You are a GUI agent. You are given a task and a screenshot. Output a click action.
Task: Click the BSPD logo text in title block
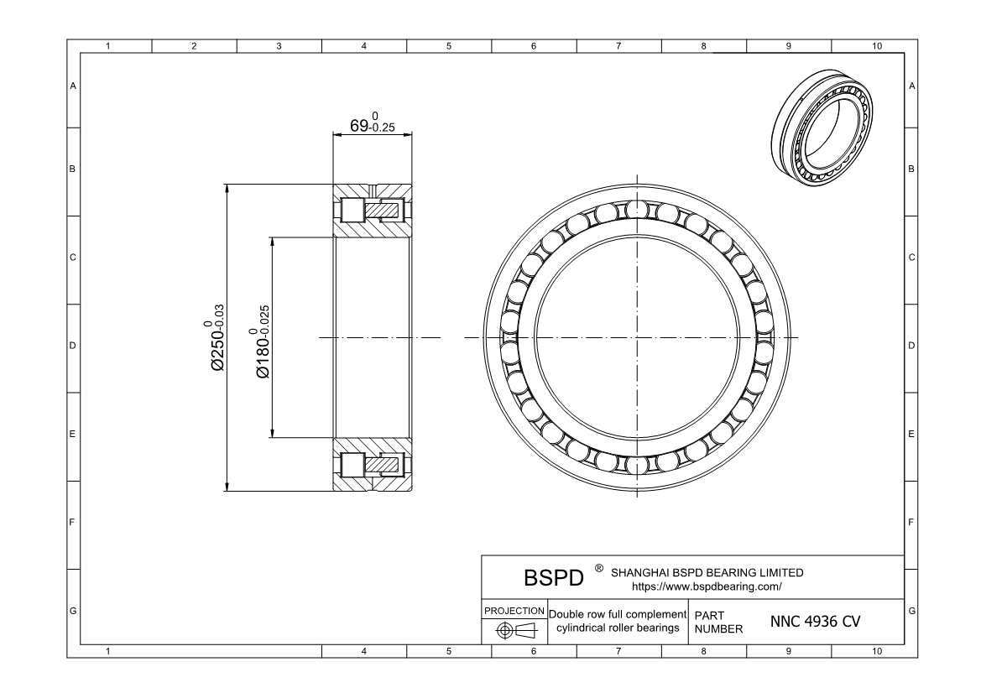[x=553, y=580]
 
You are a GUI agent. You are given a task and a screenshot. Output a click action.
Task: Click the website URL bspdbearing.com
[x=706, y=586]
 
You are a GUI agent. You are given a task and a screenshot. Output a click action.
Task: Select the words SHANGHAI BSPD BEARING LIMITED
[x=706, y=573]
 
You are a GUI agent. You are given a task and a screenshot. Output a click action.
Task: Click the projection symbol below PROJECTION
[x=514, y=631]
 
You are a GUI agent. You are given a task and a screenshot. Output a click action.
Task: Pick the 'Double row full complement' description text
[x=617, y=615]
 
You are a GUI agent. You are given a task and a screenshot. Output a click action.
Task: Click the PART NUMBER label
[x=718, y=622]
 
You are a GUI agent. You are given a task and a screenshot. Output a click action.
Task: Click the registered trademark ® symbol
[x=599, y=569]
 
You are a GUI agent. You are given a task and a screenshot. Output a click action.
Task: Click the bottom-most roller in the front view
[x=637, y=466]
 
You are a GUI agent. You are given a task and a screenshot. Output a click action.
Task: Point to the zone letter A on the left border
[x=73, y=86]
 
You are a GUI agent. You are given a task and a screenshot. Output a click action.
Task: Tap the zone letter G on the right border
[x=911, y=610]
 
